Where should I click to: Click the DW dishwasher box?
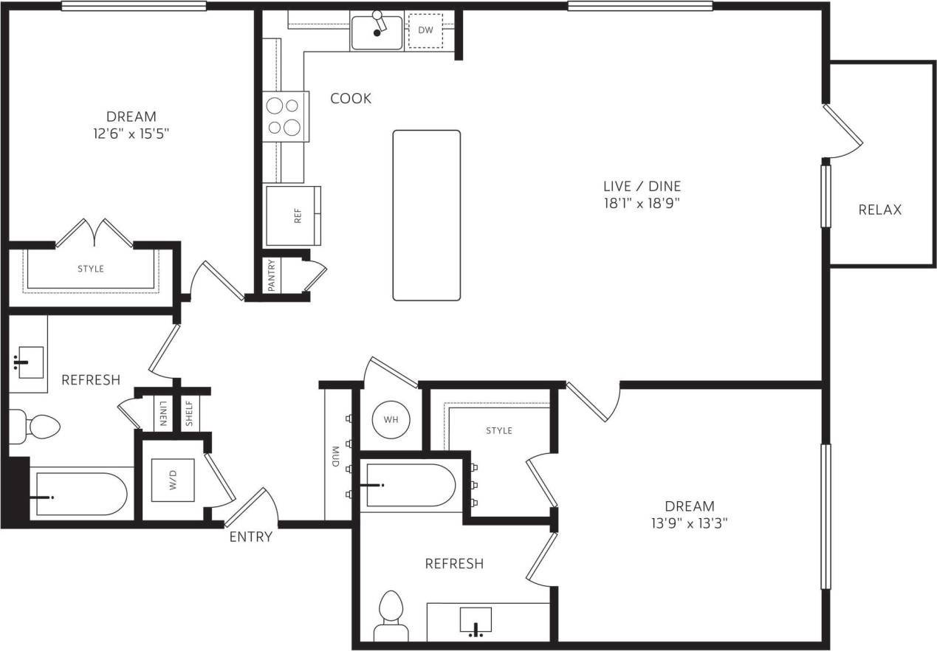point(425,31)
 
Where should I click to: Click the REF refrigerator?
point(293,216)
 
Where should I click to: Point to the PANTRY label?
point(272,275)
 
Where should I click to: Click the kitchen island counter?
point(426,215)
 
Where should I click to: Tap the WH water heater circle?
point(391,419)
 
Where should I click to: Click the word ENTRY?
point(250,537)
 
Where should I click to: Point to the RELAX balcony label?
point(879,210)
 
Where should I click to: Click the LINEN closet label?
point(162,414)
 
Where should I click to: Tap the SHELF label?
point(189,414)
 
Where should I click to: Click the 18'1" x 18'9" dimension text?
point(640,203)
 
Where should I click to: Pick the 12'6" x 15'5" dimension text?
point(131,134)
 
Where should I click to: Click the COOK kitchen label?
point(351,98)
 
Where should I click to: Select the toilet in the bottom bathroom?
point(391,616)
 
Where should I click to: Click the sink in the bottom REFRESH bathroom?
point(476,621)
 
